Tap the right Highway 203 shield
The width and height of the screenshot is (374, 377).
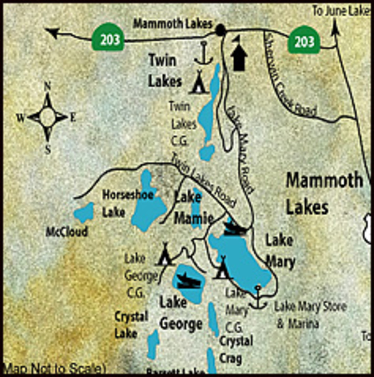(304, 41)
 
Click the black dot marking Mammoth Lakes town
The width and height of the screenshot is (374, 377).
(221, 30)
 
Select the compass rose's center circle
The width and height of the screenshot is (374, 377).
(47, 117)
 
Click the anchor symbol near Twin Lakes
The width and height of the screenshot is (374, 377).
(204, 53)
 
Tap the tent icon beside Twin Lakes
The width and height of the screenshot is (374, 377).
(199, 82)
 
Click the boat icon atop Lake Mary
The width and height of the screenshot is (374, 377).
(234, 228)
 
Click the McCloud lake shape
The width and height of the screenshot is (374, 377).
(84, 212)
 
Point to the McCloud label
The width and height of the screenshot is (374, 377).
(67, 232)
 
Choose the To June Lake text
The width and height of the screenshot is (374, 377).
(341, 12)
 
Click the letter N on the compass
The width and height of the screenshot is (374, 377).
(47, 86)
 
